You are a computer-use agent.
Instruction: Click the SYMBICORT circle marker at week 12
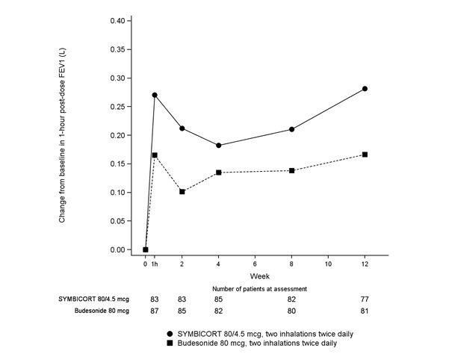click(365, 89)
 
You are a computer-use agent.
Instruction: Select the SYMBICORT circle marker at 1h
click(155, 96)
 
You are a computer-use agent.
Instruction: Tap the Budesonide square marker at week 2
click(182, 192)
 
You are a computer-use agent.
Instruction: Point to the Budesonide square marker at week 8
click(291, 171)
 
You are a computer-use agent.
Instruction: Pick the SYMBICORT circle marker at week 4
click(218, 146)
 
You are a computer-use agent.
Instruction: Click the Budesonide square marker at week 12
click(365, 155)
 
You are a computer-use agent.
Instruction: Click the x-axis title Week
click(255, 276)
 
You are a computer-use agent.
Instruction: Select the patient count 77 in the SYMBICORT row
click(365, 299)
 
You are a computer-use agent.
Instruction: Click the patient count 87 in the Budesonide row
click(155, 311)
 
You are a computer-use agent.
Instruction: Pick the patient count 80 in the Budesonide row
click(291, 311)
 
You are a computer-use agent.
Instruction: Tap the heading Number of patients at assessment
click(254, 288)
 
